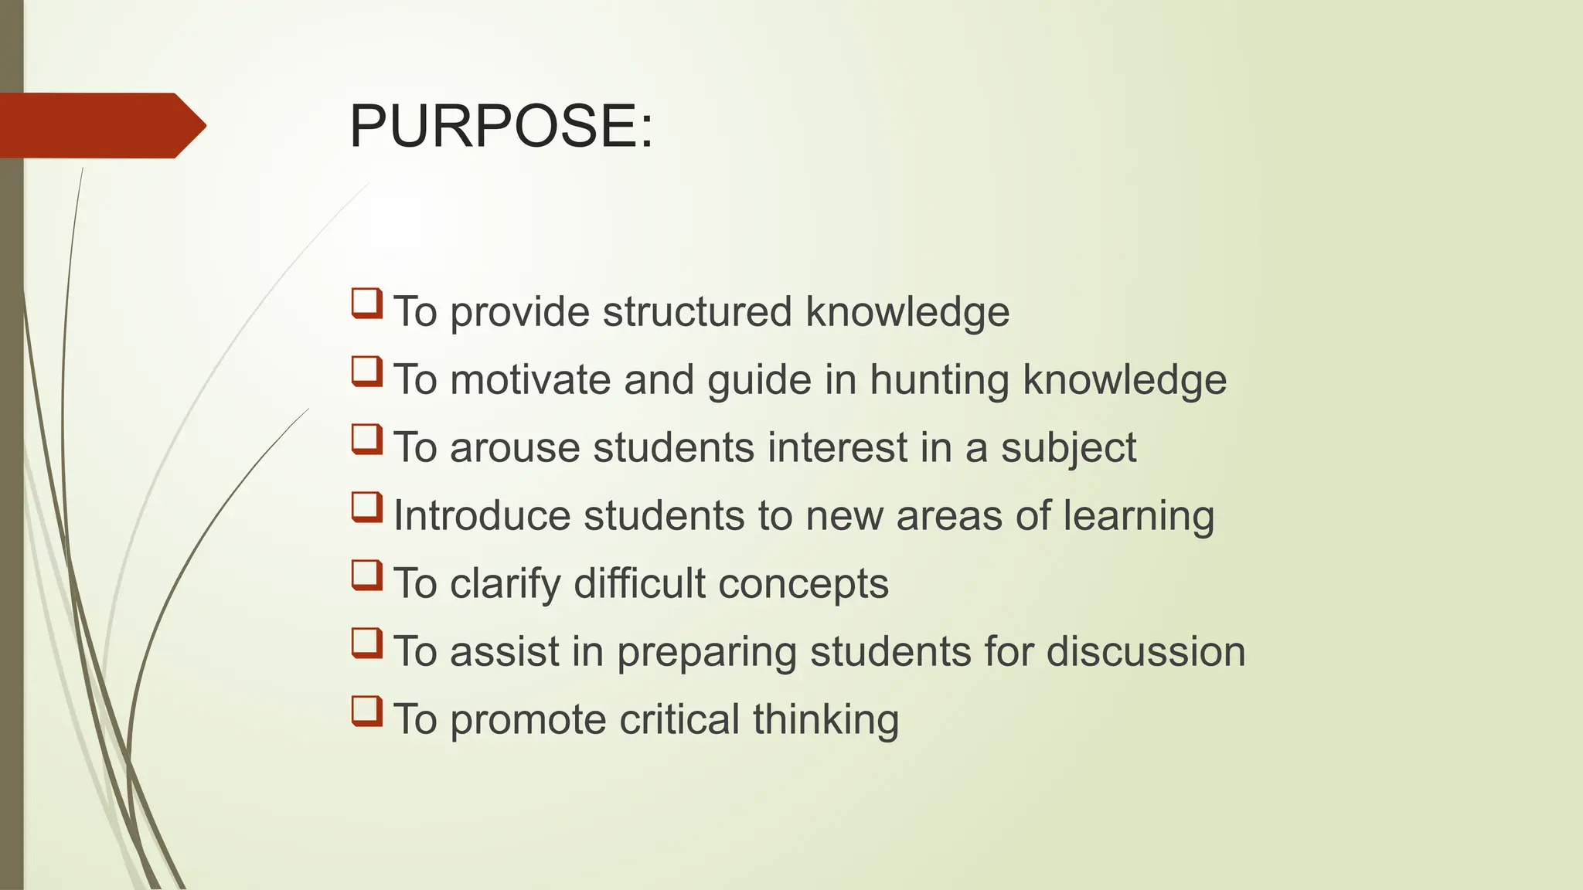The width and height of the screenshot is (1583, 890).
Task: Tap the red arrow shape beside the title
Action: (100, 126)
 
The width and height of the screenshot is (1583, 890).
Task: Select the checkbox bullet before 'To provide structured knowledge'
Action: (367, 303)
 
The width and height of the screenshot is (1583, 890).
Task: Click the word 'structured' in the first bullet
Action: (697, 311)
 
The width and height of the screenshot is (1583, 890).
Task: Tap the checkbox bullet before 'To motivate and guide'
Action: (367, 371)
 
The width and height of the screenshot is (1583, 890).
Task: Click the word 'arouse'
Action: (515, 447)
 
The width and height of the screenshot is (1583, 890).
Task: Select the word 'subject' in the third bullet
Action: (1068, 449)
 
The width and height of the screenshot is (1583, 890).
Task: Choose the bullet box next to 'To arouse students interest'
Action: (367, 439)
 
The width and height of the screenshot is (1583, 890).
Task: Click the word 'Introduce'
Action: (482, 515)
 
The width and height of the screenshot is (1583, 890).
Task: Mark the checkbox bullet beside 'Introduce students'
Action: (367, 507)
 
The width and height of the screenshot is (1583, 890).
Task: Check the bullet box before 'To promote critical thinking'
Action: (367, 711)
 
